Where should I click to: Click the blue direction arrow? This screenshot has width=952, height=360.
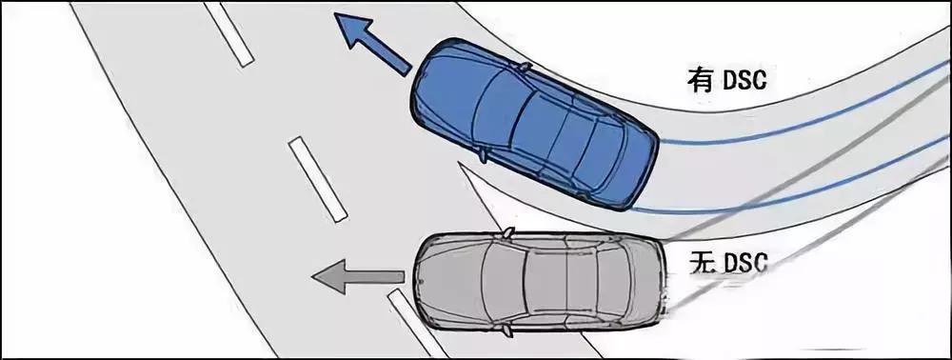(371, 44)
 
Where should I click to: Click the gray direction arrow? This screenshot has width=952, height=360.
(358, 277)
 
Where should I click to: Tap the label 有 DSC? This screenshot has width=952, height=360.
(726, 79)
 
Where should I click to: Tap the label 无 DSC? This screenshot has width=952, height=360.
(728, 262)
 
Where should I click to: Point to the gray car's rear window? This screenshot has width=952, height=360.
(612, 282)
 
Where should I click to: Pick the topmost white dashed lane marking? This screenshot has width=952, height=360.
(228, 33)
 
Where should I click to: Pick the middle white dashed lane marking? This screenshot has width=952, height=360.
(318, 179)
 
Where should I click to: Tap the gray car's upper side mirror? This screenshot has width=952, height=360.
(507, 232)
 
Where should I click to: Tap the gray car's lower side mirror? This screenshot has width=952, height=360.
(506, 330)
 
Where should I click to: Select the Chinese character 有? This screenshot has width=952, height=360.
(700, 79)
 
